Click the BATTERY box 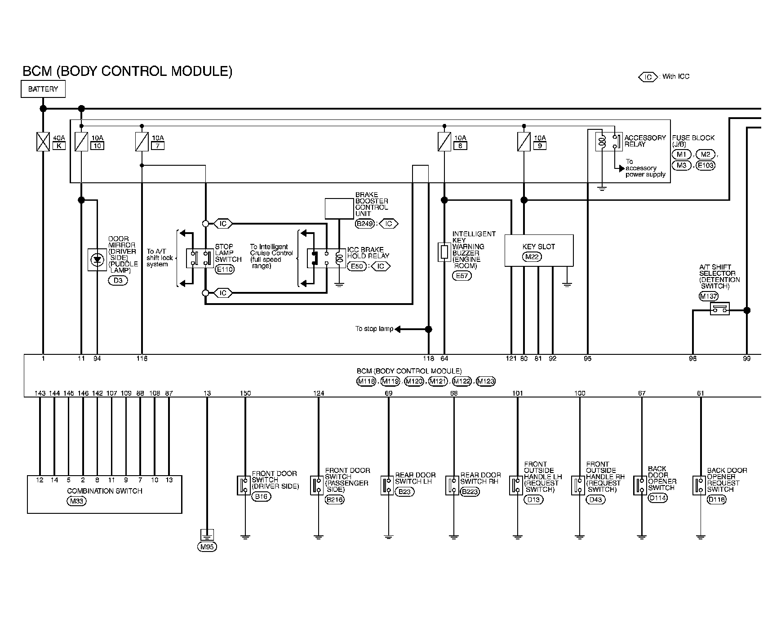coord(43,89)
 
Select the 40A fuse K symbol coord(43,141)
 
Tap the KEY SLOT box coord(539,250)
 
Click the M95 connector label coord(207,547)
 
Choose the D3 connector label coord(118,281)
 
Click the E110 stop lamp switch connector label coord(225,269)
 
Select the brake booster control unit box coord(339,208)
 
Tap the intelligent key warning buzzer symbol coord(444,252)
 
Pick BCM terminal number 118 coord(429,358)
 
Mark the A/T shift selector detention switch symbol coord(719,309)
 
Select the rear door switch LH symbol coord(387,485)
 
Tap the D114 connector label coord(658,498)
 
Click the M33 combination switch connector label coord(76,501)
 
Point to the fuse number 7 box coord(158,146)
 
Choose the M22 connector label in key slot coord(532,257)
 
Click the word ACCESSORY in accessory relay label coord(645,138)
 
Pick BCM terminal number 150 coord(245,393)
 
